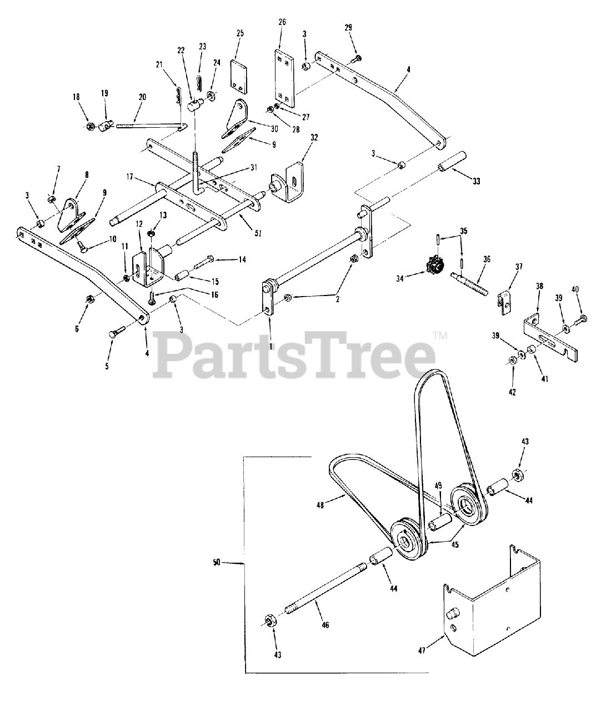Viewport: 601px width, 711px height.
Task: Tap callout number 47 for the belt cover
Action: point(422,650)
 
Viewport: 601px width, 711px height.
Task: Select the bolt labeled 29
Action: point(357,57)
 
